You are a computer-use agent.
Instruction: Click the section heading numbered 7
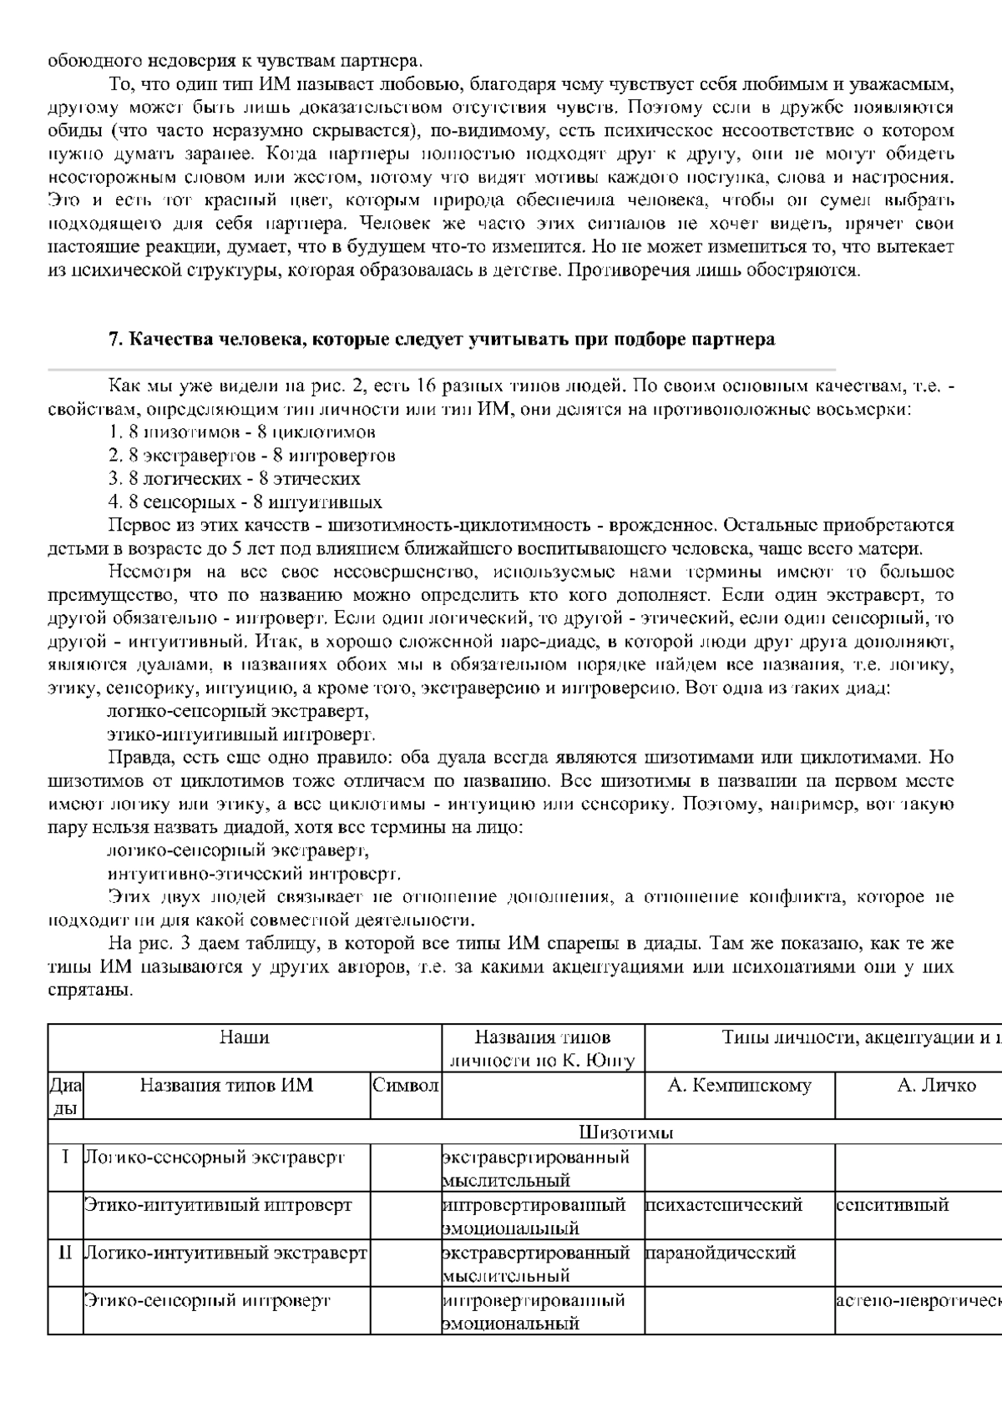point(442,340)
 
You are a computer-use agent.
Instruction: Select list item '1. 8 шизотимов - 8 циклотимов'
point(242,432)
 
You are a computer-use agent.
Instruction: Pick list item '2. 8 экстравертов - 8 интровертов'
point(251,456)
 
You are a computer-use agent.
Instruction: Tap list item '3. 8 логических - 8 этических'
point(235,479)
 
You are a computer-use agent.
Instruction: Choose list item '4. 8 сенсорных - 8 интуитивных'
point(245,502)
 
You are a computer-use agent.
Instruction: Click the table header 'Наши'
point(244,1037)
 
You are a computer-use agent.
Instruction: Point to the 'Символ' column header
point(406,1085)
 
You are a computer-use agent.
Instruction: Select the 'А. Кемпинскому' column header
point(740,1085)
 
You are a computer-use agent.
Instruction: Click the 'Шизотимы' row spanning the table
point(626,1132)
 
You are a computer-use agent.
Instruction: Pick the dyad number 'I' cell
point(65,1157)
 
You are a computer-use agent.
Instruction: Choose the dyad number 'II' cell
point(65,1253)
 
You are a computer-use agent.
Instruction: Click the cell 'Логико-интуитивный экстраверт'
point(226,1253)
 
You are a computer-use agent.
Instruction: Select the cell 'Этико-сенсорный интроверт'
point(208,1300)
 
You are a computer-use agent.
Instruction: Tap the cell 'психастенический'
point(724,1205)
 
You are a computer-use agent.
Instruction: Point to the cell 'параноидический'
point(721,1253)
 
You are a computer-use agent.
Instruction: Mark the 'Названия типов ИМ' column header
point(226,1085)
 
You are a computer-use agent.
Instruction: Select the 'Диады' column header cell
point(65,1096)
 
